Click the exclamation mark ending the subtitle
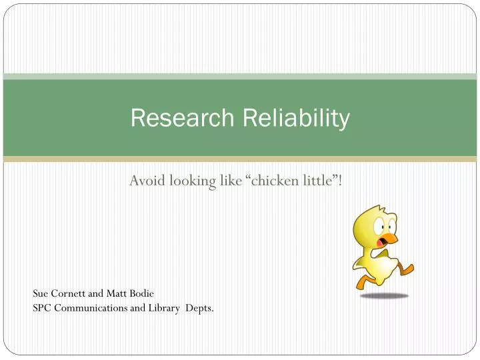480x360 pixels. (341, 181)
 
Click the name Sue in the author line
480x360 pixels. (40, 293)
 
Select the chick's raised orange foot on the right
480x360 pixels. (406, 269)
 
